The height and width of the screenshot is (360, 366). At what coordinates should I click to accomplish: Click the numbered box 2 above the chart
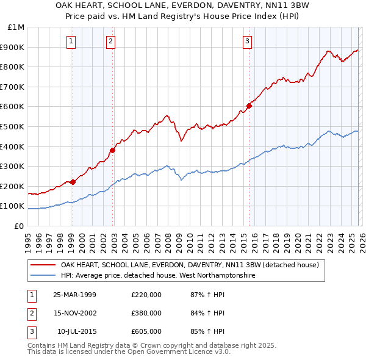click(x=110, y=41)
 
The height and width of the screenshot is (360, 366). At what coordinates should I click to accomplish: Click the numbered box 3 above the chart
click(x=247, y=41)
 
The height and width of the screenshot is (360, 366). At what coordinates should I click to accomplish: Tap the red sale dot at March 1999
click(x=73, y=182)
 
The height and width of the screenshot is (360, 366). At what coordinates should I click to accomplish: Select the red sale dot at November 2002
click(x=112, y=150)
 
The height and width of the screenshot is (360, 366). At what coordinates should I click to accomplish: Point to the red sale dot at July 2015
click(x=249, y=106)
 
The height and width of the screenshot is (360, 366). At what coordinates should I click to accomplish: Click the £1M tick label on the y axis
click(x=16, y=27)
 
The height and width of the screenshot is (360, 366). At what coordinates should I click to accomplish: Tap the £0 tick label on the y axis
click(x=18, y=226)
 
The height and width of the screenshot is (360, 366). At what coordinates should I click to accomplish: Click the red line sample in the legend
click(x=44, y=265)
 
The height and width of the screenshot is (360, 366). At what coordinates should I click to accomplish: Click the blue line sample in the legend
click(x=44, y=276)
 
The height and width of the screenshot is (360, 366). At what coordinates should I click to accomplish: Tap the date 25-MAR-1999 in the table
click(x=74, y=295)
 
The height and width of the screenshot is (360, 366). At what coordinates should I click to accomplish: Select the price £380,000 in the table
click(x=146, y=313)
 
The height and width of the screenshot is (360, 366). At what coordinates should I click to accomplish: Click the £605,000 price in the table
click(x=146, y=331)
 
